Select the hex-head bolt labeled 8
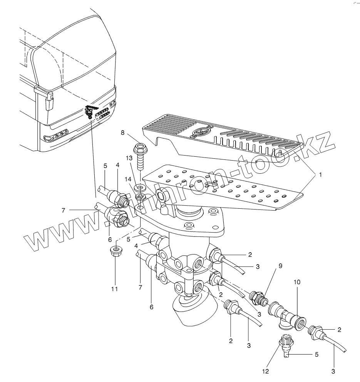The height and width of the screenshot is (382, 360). [139, 154]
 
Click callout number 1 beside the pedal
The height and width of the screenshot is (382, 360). [320, 175]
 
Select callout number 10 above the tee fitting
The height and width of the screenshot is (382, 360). [298, 283]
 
